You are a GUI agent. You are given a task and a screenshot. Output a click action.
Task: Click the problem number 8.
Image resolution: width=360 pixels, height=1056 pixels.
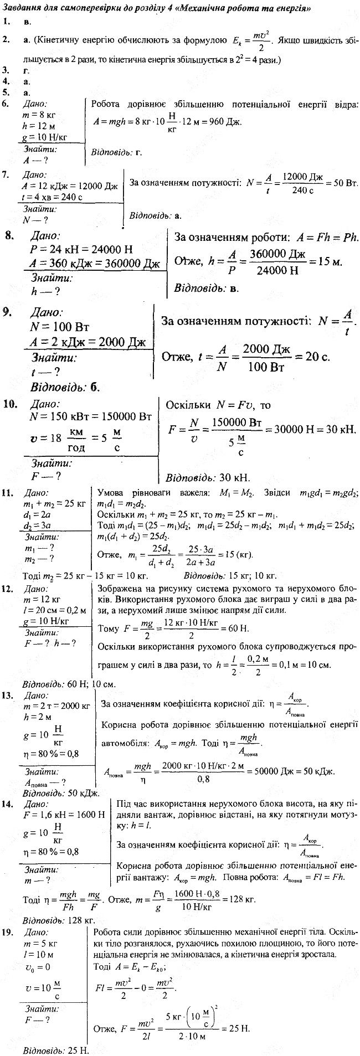tap(9, 236)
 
